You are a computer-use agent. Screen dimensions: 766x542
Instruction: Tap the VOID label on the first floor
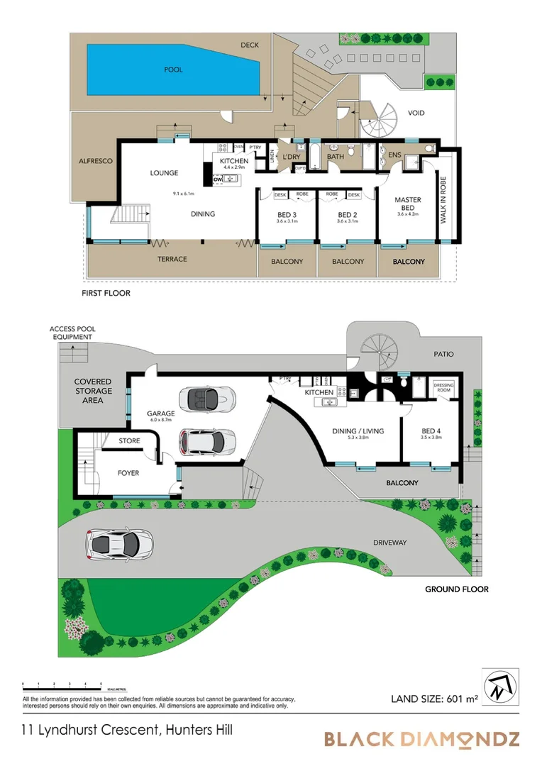coord(416,113)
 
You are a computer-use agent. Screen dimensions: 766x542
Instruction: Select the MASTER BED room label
coord(408,205)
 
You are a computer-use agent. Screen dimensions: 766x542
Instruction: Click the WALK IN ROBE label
coord(444,204)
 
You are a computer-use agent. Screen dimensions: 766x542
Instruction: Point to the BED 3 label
coord(286,215)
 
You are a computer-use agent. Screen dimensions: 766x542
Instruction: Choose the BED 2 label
coord(346,215)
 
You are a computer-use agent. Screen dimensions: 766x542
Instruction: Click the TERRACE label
coord(172,259)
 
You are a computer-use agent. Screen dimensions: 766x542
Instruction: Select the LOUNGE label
coord(164,173)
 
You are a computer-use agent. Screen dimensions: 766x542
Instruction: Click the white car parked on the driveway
coord(118,545)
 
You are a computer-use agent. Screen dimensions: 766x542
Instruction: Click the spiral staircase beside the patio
coord(380,352)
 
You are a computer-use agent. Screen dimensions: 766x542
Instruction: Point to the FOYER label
coord(128,473)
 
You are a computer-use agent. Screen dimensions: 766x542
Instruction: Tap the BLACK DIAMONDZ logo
coord(421,739)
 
